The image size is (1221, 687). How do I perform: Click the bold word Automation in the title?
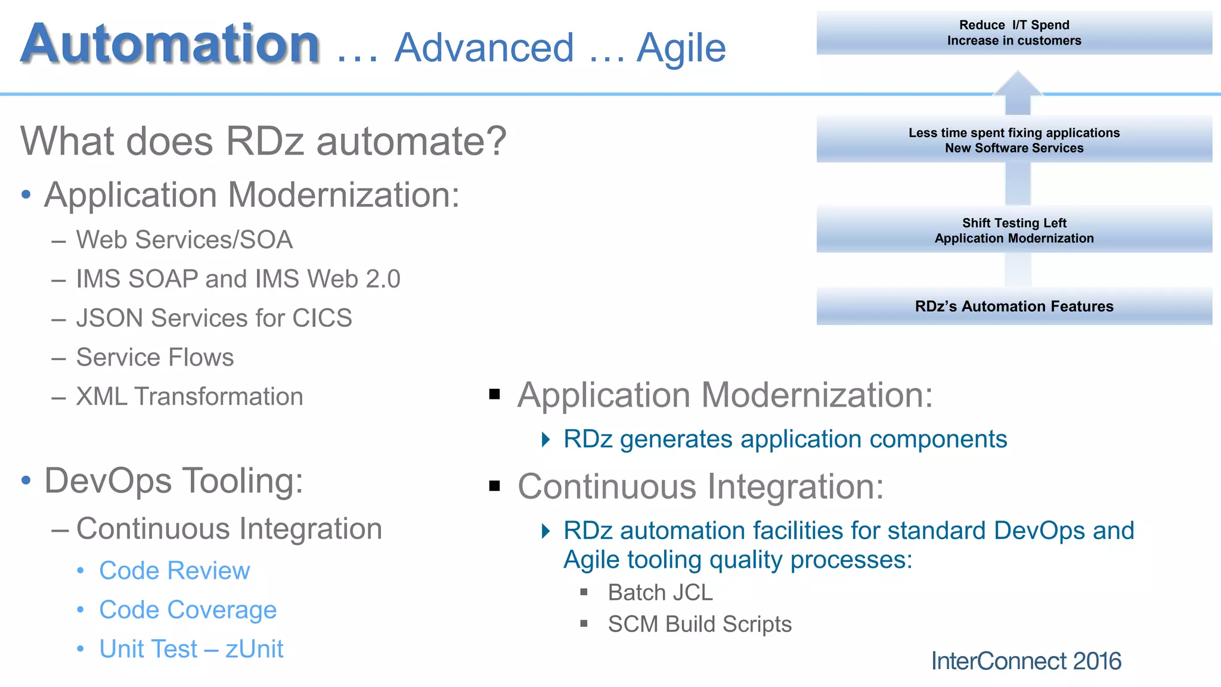[x=171, y=44]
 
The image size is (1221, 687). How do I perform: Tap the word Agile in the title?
[x=681, y=48]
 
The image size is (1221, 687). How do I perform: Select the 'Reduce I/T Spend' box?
[x=1014, y=33]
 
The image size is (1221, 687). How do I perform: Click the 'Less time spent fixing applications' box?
[x=1014, y=140]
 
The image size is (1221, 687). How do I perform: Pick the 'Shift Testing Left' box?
[x=1014, y=230]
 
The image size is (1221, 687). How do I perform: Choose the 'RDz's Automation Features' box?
[x=1014, y=307]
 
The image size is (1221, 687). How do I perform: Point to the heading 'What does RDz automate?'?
[x=263, y=141]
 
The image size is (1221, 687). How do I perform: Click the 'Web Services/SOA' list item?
[x=184, y=240]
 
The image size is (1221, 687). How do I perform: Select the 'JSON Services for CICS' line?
[x=214, y=318]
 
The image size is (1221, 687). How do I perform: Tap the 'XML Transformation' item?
[x=190, y=397]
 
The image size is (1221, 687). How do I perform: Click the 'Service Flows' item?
[x=155, y=357]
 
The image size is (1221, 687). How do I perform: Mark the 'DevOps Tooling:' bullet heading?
[x=173, y=481]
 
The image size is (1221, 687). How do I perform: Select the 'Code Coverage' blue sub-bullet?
[x=188, y=609]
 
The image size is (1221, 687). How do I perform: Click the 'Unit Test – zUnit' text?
[x=191, y=649]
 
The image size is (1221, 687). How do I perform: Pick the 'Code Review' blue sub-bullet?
[x=174, y=571]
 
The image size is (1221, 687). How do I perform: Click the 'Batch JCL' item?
[x=660, y=593]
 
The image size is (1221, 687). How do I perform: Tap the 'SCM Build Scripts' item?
[x=699, y=624]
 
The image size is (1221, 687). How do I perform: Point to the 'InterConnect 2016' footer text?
[x=1026, y=661]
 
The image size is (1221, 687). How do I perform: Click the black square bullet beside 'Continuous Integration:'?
[x=494, y=486]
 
